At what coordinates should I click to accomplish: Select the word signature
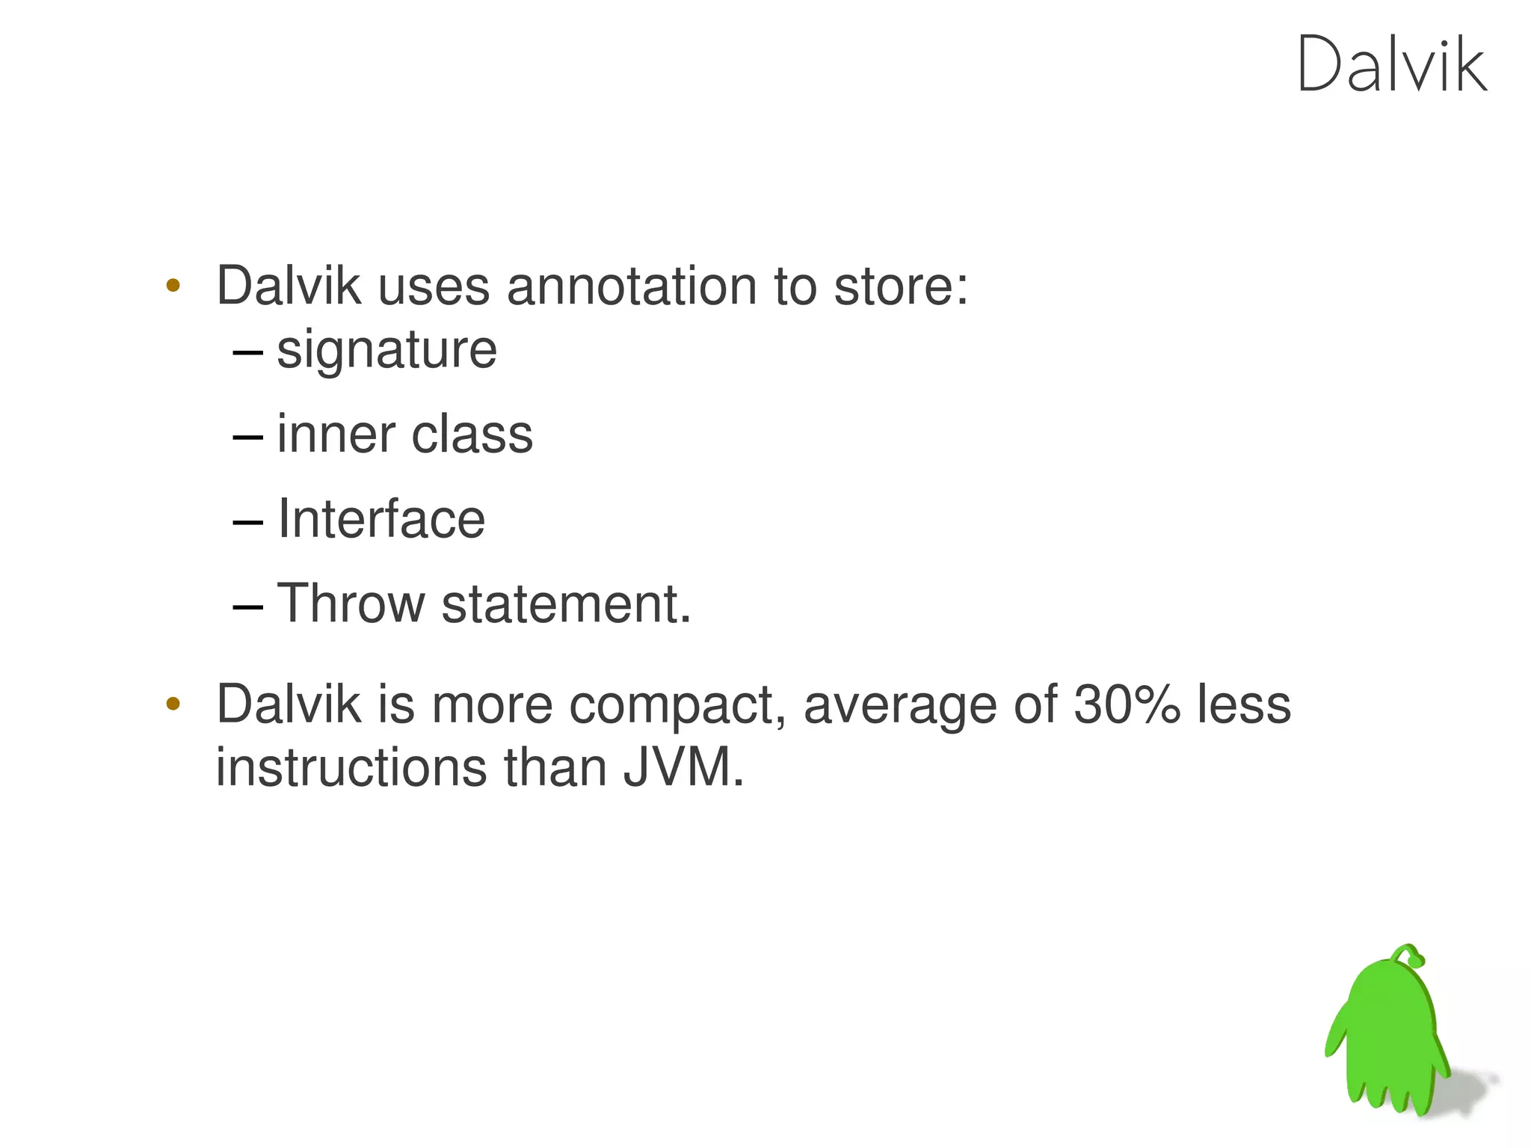[386, 350]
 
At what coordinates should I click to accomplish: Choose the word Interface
[381, 519]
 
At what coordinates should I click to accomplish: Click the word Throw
[351, 604]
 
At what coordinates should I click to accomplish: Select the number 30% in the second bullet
[1127, 705]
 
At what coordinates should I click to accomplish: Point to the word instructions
[351, 768]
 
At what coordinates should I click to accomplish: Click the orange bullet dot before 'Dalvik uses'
[173, 285]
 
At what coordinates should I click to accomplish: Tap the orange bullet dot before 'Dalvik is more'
[173, 703]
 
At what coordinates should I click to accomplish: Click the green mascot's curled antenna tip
[1415, 958]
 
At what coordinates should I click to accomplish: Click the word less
[1244, 705]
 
